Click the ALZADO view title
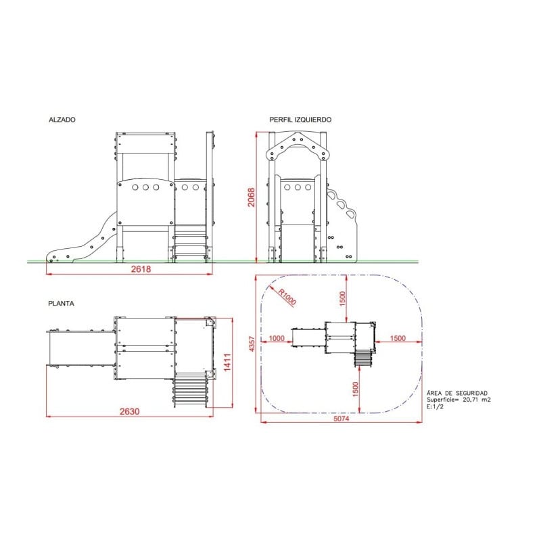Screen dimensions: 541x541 tap(62, 120)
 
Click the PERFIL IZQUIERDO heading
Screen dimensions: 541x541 tap(300, 120)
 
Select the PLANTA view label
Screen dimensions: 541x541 tap(61, 304)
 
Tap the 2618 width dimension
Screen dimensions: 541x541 tap(141, 268)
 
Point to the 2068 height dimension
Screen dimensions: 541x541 tap(251, 197)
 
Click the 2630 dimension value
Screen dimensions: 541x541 tap(130, 411)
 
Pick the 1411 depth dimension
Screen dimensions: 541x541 tap(227, 362)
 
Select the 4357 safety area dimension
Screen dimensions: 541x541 tap(252, 344)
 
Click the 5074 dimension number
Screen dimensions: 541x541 tap(342, 419)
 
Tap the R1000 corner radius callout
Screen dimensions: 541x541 tap(287, 297)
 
